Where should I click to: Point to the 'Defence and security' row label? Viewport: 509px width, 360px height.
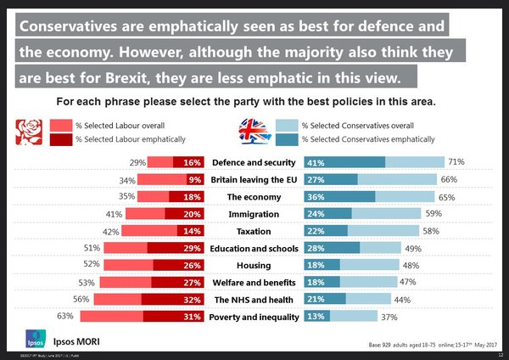[253, 162]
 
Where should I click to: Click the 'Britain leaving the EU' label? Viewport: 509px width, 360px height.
[253, 179]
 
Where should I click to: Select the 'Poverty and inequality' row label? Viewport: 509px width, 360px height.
[253, 317]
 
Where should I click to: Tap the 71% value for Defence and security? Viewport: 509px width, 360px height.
[456, 161]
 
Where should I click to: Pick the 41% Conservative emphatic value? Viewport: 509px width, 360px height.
[316, 162]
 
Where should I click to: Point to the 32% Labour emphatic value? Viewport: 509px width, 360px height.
[192, 300]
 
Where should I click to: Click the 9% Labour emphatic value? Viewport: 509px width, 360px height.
[194, 179]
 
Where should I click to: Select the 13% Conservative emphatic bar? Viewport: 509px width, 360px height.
[316, 317]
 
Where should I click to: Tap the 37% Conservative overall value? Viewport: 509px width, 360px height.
[390, 317]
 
